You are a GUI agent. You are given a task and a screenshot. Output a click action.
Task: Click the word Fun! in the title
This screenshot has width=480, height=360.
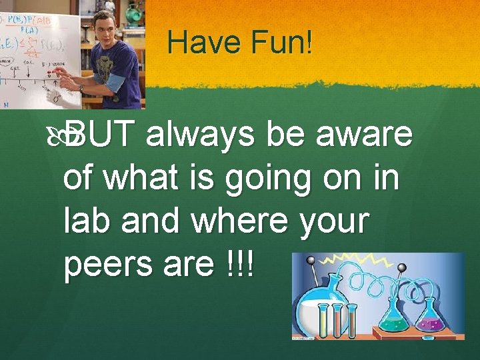281,43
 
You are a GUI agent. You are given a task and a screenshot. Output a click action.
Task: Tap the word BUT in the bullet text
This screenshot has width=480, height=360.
103,135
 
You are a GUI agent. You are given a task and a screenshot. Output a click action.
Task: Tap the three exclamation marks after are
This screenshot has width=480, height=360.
239,265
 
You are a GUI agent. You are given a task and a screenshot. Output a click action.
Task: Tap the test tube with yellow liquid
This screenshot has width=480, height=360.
323,321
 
